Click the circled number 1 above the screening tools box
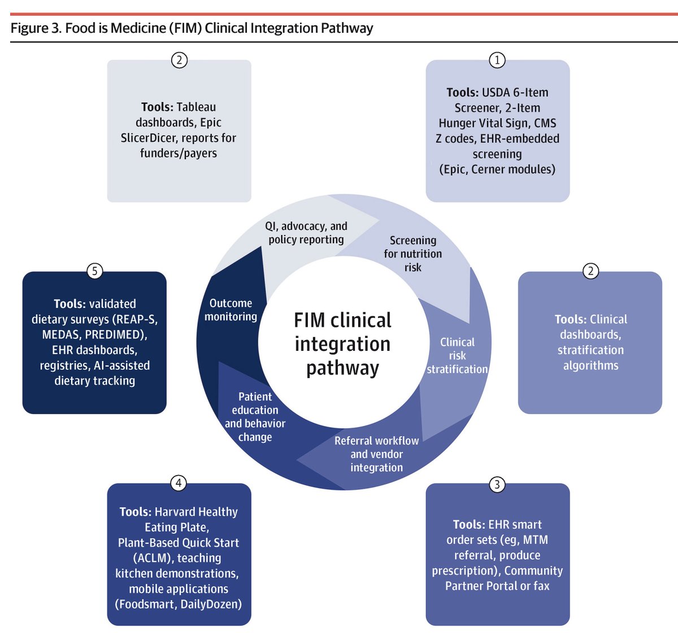click(x=497, y=60)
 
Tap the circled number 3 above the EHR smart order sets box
click(x=497, y=485)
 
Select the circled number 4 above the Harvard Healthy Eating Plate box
click(x=179, y=483)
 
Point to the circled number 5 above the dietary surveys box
click(x=94, y=271)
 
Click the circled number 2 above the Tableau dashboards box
click(x=179, y=60)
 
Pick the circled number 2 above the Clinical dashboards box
click(x=590, y=271)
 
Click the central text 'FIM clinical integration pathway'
click(x=342, y=343)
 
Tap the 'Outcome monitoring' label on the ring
click(x=231, y=310)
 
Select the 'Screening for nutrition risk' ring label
click(x=413, y=254)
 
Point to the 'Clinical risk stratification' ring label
click(x=457, y=355)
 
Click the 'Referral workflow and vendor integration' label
click(x=376, y=454)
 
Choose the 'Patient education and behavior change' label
click(x=255, y=416)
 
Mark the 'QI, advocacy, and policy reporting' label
click(x=306, y=232)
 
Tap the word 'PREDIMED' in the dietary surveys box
click(x=115, y=334)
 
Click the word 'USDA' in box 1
click(x=496, y=93)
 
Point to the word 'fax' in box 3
click(x=541, y=586)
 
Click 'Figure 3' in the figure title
click(x=35, y=28)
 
